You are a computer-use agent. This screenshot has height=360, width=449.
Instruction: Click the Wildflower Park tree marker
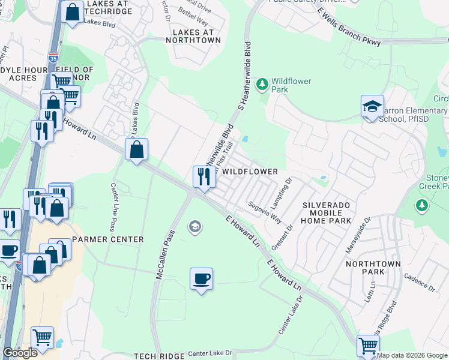click(262, 84)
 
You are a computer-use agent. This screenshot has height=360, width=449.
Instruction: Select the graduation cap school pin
click(372, 107)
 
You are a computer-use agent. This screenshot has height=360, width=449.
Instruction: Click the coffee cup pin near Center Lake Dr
click(201, 279)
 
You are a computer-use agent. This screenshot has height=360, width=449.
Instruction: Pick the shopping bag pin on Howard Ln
click(136, 149)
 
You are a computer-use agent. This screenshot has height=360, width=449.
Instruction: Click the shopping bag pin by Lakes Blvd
click(72, 13)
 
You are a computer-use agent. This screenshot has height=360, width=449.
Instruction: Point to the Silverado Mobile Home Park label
click(327, 212)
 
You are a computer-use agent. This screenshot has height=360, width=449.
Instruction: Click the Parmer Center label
click(108, 239)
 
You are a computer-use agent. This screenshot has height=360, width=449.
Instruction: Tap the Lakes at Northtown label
click(196, 35)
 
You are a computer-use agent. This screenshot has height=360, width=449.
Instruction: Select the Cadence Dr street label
click(419, 283)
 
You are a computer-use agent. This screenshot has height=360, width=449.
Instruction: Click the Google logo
click(20, 353)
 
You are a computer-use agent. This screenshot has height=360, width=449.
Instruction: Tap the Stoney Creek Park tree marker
click(422, 206)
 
